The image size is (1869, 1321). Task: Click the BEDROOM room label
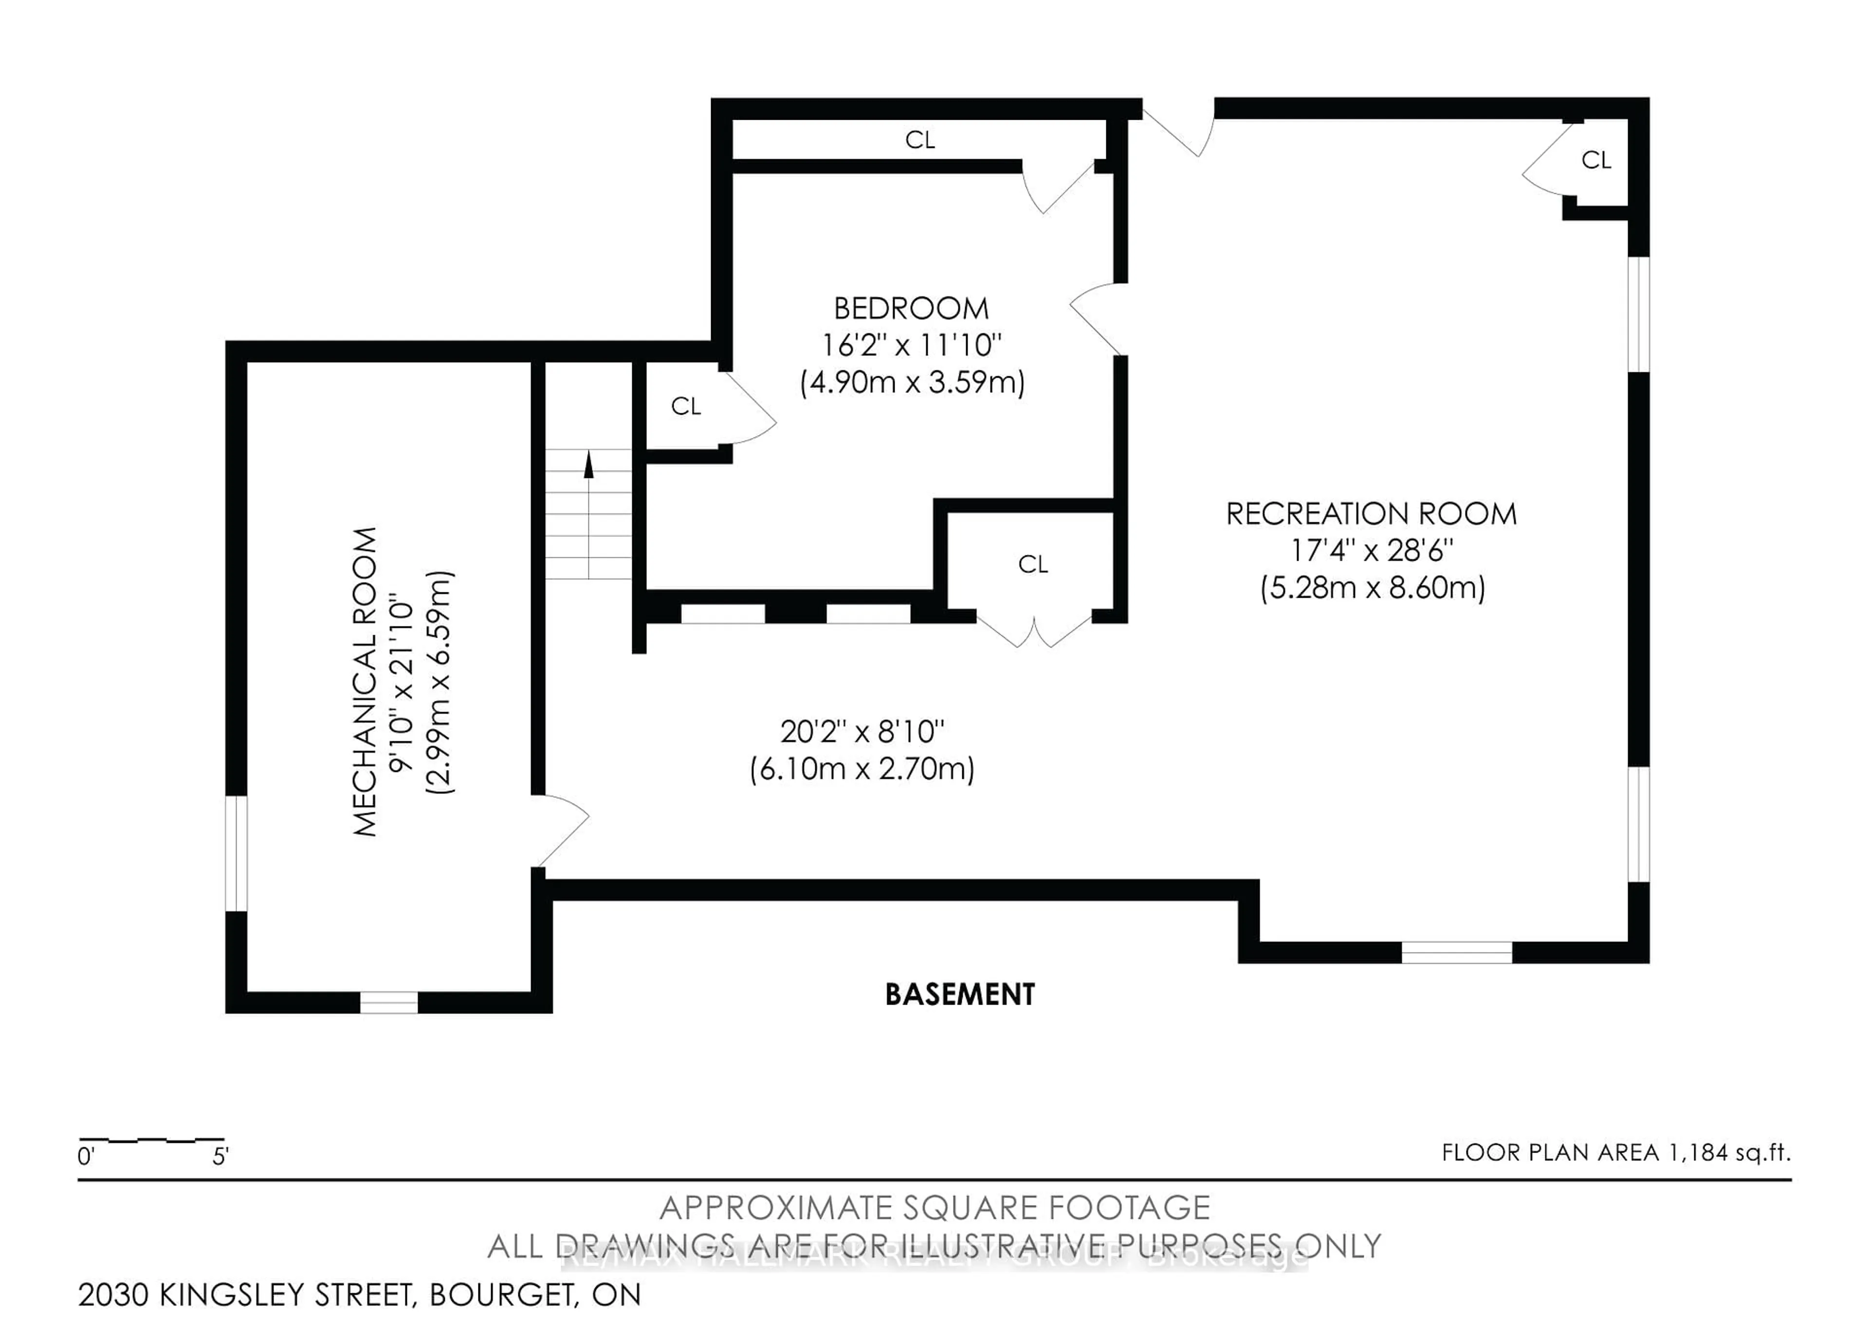click(x=911, y=309)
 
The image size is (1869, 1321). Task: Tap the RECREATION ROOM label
click(x=1371, y=514)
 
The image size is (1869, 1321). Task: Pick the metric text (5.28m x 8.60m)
click(x=1373, y=587)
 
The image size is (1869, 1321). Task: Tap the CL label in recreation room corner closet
click(x=1595, y=160)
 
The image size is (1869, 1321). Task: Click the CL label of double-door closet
click(x=1032, y=564)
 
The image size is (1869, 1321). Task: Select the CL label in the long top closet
click(x=920, y=140)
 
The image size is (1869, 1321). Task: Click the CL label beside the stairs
click(x=685, y=406)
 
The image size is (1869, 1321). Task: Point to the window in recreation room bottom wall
click(x=1456, y=952)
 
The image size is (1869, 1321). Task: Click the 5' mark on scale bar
click(x=220, y=1156)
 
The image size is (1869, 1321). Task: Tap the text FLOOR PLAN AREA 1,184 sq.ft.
click(x=1616, y=1153)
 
